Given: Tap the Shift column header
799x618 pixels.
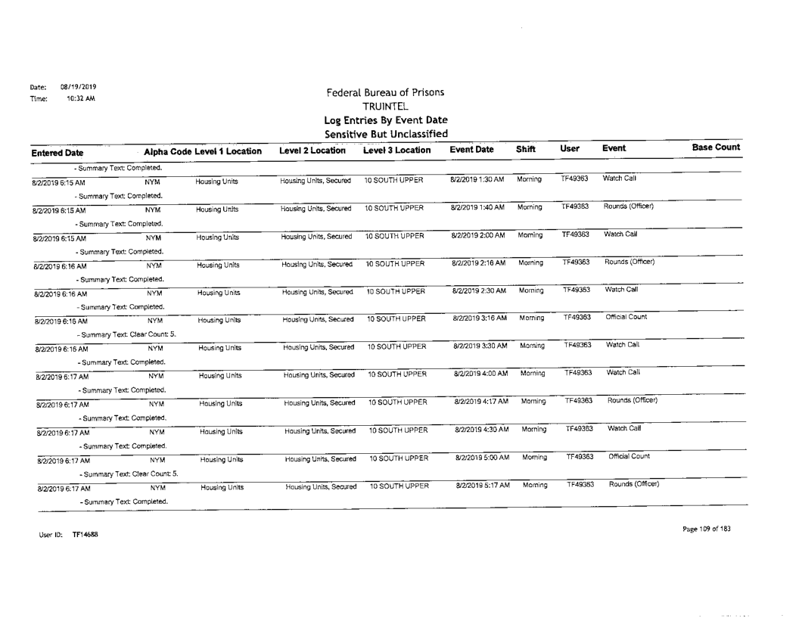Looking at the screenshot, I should click(x=527, y=151).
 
